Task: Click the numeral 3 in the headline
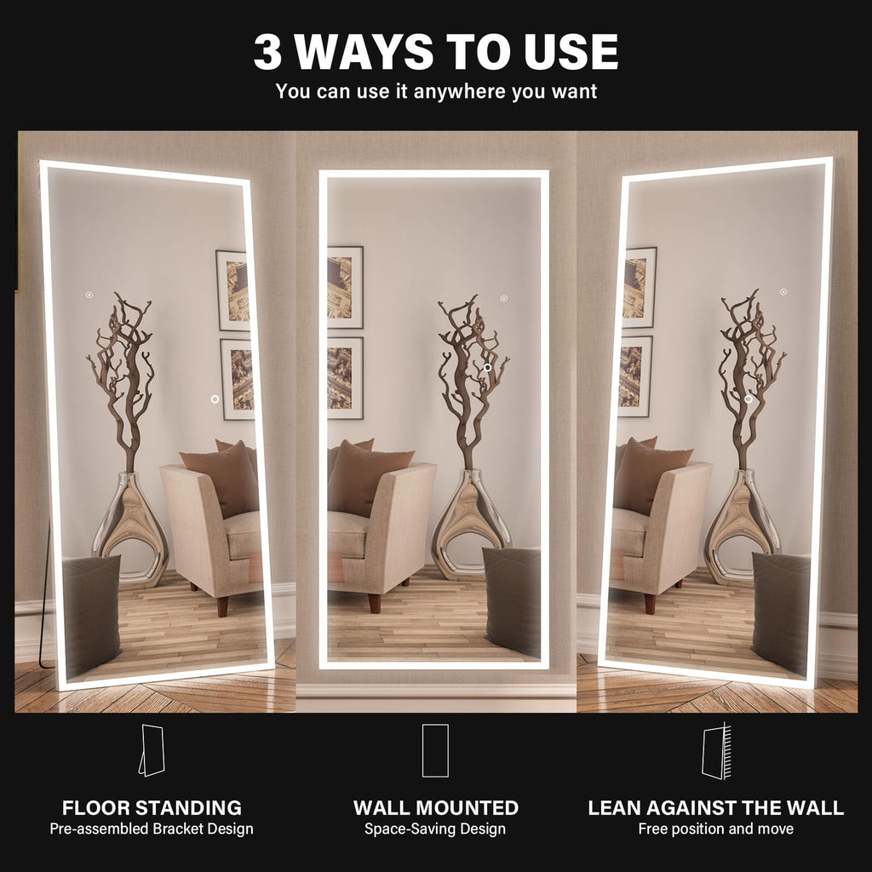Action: point(267,52)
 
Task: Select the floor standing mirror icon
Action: point(152,750)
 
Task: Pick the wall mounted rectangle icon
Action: point(435,750)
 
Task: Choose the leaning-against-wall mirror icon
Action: point(716,751)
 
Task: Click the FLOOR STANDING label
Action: point(152,807)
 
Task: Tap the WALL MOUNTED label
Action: point(436,807)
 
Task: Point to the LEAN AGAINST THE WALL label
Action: point(715,807)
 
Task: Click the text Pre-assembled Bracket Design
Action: point(152,829)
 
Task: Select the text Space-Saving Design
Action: point(435,829)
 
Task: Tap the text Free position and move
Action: point(715,829)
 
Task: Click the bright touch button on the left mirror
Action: point(215,399)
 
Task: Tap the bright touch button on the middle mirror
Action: point(488,368)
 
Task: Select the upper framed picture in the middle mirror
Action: point(345,288)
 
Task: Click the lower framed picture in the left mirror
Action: point(238,380)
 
